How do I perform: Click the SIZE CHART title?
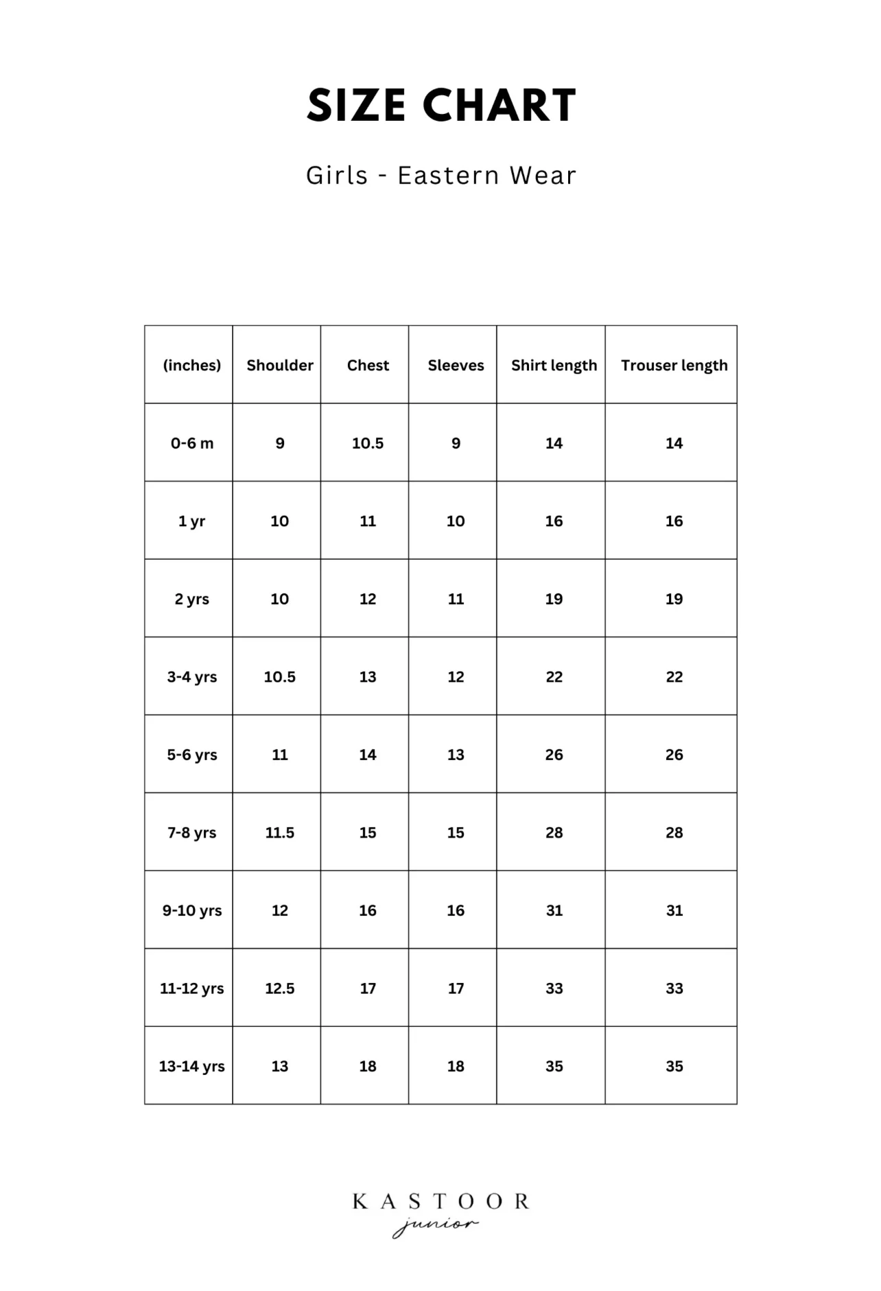tap(441, 106)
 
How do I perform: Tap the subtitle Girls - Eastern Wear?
tap(441, 176)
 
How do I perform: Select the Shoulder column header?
tap(279, 365)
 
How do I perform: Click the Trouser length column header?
tap(674, 365)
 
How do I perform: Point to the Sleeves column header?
tap(456, 365)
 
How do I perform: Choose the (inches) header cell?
tap(191, 365)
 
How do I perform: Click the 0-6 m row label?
tap(191, 443)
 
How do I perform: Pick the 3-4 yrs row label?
tap(191, 677)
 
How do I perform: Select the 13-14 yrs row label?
tap(191, 1066)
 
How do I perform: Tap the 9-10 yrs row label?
tap(191, 910)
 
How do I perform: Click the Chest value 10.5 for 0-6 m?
tap(368, 443)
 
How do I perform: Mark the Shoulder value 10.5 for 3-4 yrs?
tap(279, 677)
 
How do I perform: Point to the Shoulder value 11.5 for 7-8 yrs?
tap(279, 833)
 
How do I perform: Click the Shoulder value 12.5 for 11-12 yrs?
tap(279, 988)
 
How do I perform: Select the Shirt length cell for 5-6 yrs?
tap(554, 755)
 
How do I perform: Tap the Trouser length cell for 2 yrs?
tap(674, 599)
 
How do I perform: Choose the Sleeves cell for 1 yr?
tap(456, 521)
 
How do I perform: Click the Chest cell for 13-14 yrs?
tap(368, 1066)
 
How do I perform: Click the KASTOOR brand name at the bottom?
tap(441, 1201)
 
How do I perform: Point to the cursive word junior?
tap(435, 1225)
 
